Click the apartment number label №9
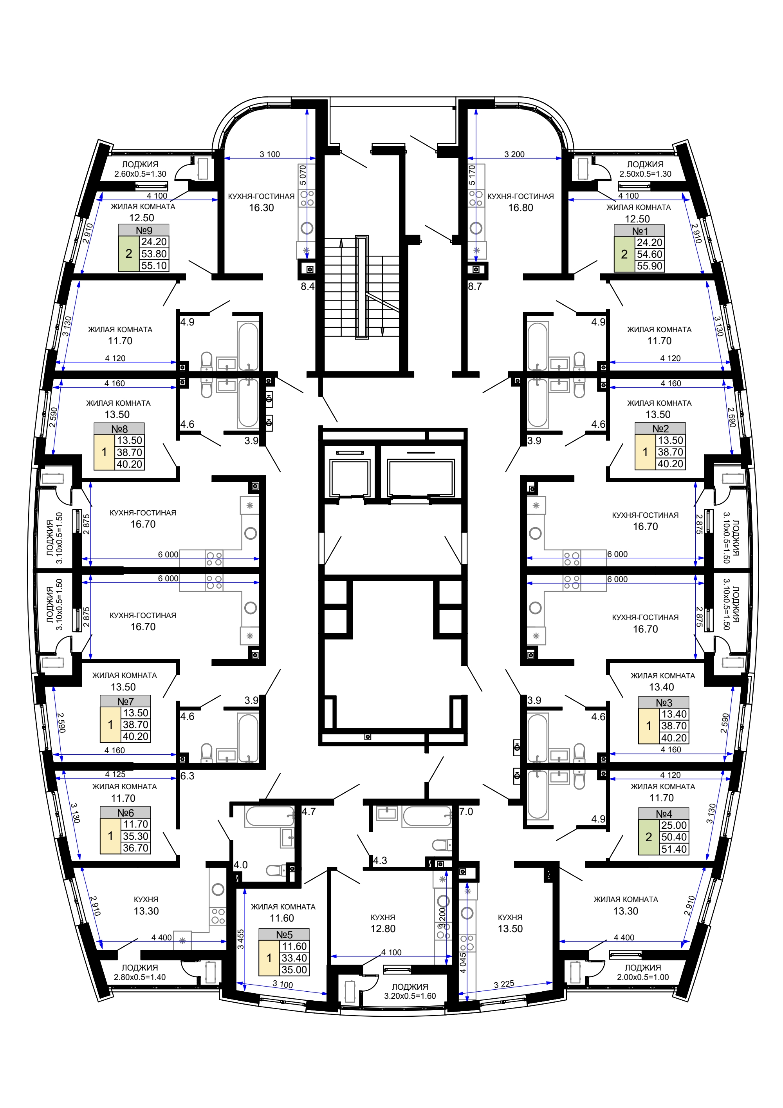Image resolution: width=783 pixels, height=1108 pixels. [x=144, y=230]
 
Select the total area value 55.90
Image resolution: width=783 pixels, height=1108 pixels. [x=649, y=266]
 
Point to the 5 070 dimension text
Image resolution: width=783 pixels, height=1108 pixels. [x=303, y=175]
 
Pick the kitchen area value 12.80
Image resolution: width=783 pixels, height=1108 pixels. [x=382, y=929]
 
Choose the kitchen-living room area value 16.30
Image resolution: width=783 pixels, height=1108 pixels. [x=261, y=208]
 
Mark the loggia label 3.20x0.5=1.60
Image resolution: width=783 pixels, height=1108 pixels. [x=410, y=996]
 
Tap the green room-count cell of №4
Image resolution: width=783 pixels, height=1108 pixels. [x=648, y=837]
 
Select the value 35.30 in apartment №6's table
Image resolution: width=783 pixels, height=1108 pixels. [x=135, y=836]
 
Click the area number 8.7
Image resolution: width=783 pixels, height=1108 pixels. [x=475, y=286]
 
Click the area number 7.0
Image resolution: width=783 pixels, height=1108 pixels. [x=466, y=812]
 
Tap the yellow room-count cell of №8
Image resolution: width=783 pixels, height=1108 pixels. [x=104, y=452]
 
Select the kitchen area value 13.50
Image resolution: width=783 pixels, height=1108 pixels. [x=510, y=929]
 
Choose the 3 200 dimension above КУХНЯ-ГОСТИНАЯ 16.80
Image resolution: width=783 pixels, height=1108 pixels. [x=514, y=154]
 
